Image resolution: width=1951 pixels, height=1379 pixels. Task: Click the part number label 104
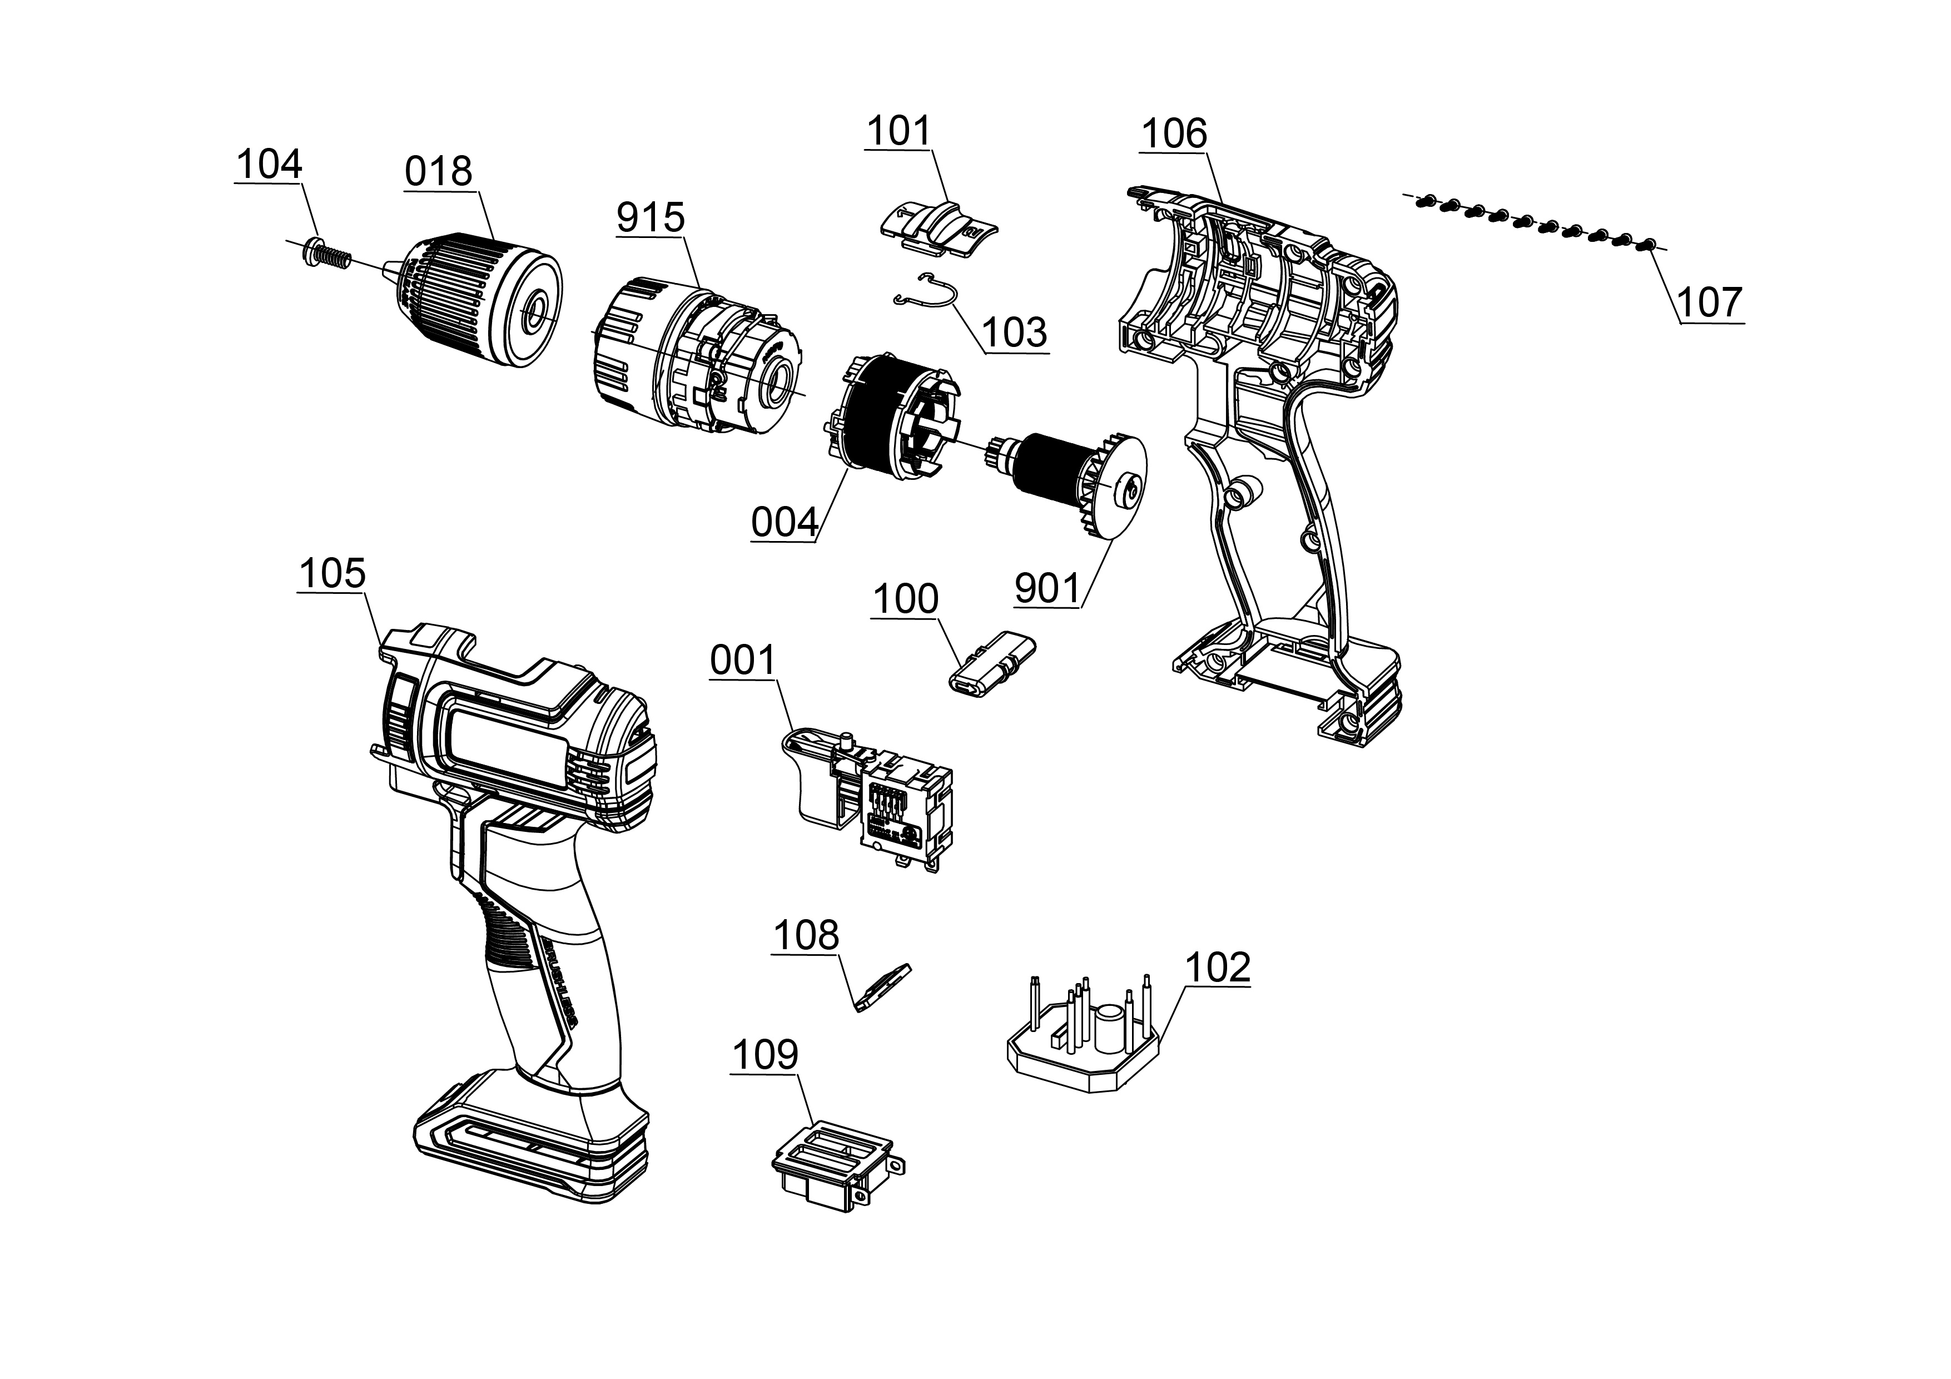269,165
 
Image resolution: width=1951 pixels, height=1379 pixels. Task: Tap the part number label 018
439,172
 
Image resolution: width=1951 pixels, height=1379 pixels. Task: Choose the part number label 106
1174,134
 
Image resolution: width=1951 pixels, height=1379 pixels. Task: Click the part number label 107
1710,302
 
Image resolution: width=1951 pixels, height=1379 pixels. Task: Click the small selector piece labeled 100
991,669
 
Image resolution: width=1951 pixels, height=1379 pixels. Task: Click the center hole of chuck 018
535,312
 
